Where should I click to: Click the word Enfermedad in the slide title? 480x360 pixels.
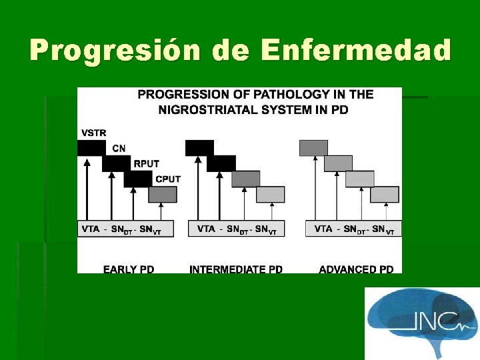tap(356, 51)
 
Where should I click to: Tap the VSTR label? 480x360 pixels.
tap(93, 133)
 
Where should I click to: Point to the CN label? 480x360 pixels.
tap(119, 148)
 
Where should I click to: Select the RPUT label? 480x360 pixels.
tap(146, 163)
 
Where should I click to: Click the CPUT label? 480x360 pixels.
tap(167, 179)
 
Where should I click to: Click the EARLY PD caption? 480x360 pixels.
tap(129, 269)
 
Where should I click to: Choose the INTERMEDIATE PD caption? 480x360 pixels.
tap(236, 269)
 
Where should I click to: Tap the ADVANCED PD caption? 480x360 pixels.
tap(356, 269)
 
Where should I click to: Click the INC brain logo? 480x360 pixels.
tap(421, 320)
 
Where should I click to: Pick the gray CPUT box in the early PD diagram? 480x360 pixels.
tap(163, 195)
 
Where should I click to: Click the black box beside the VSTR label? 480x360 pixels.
tap(91, 148)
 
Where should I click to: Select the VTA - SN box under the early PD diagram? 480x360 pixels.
tap(125, 229)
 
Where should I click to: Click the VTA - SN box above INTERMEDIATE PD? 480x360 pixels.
tap(237, 229)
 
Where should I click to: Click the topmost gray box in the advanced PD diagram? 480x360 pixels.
tap(313, 148)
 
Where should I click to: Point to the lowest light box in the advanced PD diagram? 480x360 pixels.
tap(385, 195)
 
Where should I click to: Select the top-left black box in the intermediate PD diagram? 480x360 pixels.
tap(199, 148)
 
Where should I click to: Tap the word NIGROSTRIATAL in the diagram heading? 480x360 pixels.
tap(200, 109)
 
